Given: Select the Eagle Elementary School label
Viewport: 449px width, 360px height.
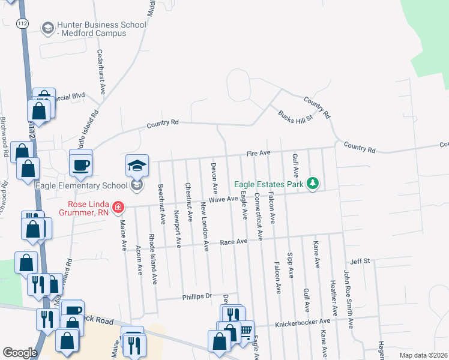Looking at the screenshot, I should pyautogui.click(x=82, y=185).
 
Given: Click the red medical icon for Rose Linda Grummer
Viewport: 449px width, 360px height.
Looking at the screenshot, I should pyautogui.click(x=119, y=208).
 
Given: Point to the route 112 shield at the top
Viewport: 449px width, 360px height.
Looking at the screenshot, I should pyautogui.click(x=23, y=23).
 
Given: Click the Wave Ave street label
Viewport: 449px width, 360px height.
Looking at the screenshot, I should pyautogui.click(x=223, y=199).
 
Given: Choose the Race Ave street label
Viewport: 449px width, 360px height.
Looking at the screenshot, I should pyautogui.click(x=234, y=241).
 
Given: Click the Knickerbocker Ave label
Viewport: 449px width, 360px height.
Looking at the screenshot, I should pyautogui.click(x=303, y=324).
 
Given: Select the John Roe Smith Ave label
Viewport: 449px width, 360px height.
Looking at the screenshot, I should pyautogui.click(x=346, y=293).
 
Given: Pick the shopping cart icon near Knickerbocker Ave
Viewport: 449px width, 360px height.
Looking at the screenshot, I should pyautogui.click(x=246, y=330).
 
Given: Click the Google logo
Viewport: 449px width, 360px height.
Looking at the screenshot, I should pyautogui.click(x=20, y=353).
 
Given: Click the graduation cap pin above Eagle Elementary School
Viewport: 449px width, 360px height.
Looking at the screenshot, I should pyautogui.click(x=137, y=166).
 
